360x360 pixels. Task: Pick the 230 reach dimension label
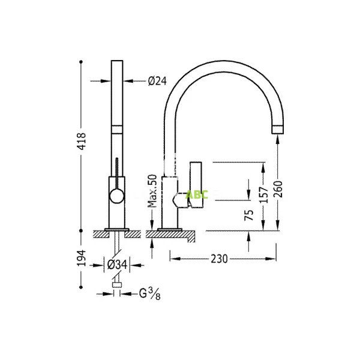[x=220, y=259]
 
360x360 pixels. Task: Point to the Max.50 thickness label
[x=152, y=191]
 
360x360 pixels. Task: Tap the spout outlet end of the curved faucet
[x=278, y=128]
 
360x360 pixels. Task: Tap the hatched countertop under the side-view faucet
[x=171, y=235]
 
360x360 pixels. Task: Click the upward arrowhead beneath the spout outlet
[x=278, y=139]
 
